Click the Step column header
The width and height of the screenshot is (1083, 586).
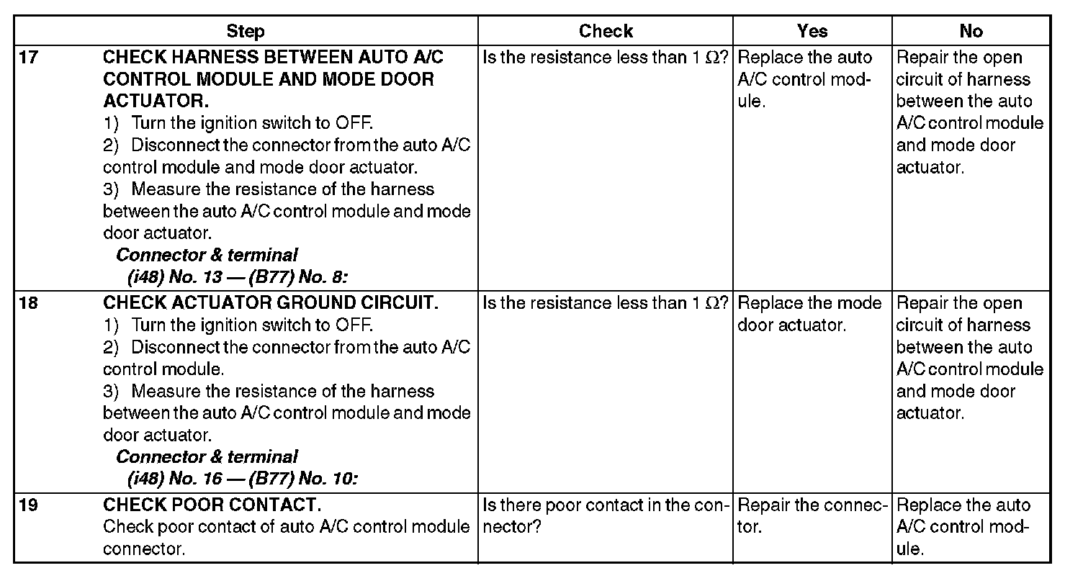pos(246,31)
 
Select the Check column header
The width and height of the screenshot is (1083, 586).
pos(606,31)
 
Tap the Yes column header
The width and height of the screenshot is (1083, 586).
pos(812,31)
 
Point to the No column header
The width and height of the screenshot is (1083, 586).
pos(971,31)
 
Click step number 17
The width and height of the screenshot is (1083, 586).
pos(28,58)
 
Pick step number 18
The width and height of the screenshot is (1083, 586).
pos(28,303)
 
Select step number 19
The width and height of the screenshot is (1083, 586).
pos(28,505)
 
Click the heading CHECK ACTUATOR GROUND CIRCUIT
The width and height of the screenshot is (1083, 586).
pos(270,303)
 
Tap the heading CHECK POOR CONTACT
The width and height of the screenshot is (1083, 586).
pos(212,505)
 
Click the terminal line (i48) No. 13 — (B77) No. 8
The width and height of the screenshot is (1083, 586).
pos(237,277)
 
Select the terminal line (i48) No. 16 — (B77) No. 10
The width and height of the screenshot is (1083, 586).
pos(242,479)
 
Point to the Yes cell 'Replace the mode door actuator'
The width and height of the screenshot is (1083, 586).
pos(809,314)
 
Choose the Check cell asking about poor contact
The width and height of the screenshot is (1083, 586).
pos(605,515)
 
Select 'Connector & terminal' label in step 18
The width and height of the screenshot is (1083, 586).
pos(207,457)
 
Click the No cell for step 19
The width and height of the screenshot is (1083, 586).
pos(963,526)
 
